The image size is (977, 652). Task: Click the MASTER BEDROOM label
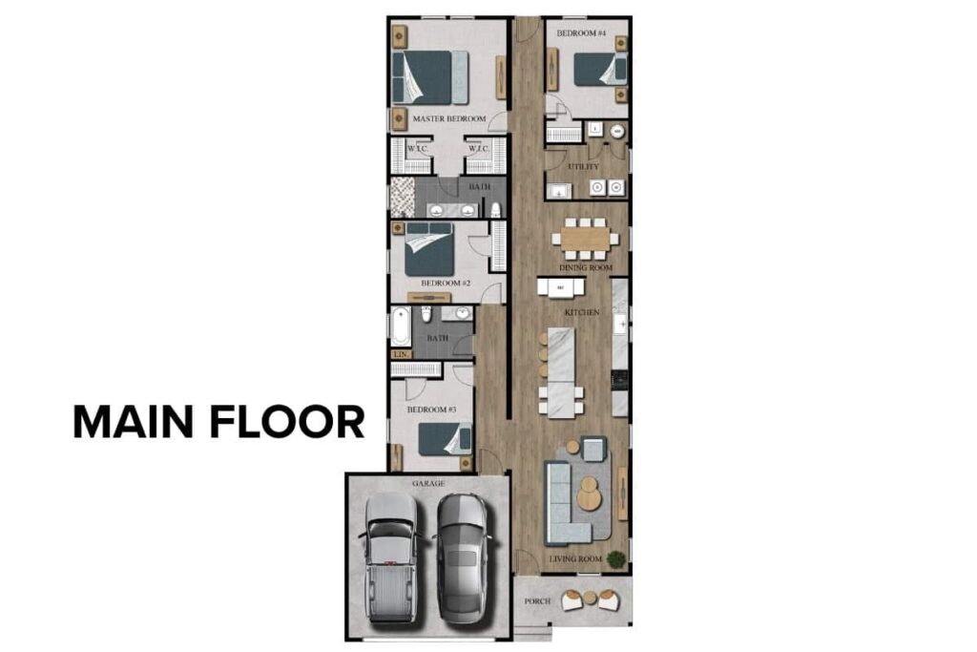tap(448, 119)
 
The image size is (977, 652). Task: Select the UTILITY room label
tap(583, 166)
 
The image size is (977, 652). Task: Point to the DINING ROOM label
tap(585, 268)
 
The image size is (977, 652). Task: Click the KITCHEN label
tap(582, 313)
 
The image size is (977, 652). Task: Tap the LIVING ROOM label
tap(574, 558)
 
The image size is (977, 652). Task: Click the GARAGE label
tap(427, 484)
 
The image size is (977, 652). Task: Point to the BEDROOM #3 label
tap(433, 410)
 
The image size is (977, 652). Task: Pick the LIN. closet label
tap(402, 354)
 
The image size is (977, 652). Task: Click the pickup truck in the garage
tap(392, 557)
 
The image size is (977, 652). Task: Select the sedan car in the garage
tap(464, 557)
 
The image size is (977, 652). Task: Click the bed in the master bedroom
tap(430, 77)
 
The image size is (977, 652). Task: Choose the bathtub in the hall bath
tap(401, 326)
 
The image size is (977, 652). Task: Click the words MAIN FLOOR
tap(218, 422)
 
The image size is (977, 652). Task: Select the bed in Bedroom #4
tap(600, 69)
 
